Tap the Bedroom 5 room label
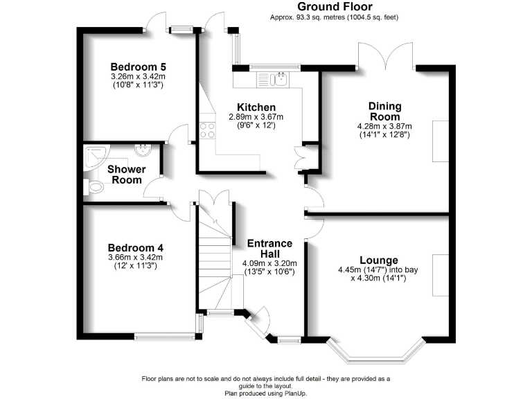(138, 66)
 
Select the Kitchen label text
(256, 107)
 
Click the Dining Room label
(384, 111)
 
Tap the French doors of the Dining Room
(386, 55)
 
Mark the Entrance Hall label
(271, 249)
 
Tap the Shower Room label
(126, 175)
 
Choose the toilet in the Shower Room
(89, 186)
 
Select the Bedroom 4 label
(136, 247)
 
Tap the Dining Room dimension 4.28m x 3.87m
(384, 127)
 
